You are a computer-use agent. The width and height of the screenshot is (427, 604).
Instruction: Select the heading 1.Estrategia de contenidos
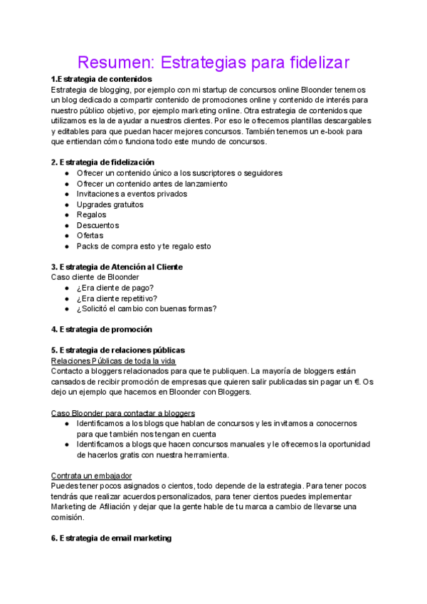click(102, 79)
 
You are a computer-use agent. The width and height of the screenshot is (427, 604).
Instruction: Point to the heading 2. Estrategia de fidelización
click(102, 162)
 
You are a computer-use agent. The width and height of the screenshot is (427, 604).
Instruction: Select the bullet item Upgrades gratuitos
click(110, 204)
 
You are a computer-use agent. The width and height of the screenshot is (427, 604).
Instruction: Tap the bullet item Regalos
click(91, 214)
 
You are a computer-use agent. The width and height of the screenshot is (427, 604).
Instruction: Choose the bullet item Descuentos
click(97, 225)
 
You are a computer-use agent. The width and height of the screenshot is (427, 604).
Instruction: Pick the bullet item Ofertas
click(90, 236)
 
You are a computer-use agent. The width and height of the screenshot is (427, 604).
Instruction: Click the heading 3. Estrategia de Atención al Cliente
click(117, 266)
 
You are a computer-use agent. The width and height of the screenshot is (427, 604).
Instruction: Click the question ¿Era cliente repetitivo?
click(117, 298)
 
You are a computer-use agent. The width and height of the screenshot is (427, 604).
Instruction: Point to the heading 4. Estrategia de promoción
click(101, 329)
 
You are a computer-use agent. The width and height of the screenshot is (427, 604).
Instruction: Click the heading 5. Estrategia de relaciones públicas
click(117, 350)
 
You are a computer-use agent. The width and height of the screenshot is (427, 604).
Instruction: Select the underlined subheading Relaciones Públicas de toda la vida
click(113, 360)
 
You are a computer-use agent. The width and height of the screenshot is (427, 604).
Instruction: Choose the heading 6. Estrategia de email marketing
click(111, 538)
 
